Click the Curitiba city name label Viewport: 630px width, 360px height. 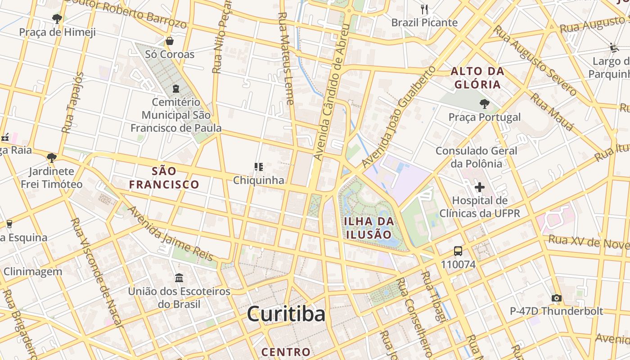[x=286, y=314]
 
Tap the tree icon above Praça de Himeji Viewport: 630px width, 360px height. [x=57, y=19]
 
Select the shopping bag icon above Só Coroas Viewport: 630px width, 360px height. [x=170, y=41]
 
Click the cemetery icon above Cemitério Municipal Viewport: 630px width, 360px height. [x=175, y=89]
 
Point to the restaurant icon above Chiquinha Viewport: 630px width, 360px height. [x=258, y=167]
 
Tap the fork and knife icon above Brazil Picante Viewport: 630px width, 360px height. [x=424, y=9]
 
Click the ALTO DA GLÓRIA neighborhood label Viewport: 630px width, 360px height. [x=477, y=78]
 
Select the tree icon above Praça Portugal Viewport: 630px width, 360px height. [x=484, y=104]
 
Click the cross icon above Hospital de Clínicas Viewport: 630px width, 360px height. [x=479, y=187]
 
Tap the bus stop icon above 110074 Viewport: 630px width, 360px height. [x=458, y=251]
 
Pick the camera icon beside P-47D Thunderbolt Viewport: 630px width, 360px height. [x=556, y=298]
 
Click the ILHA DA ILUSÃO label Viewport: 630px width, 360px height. [x=369, y=228]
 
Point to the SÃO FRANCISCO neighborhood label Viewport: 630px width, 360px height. [x=164, y=178]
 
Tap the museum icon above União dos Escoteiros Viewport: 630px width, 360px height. [x=179, y=278]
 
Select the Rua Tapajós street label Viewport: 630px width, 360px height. [x=73, y=103]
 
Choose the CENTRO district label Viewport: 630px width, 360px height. [x=286, y=352]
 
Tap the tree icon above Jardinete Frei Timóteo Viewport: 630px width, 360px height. [x=51, y=157]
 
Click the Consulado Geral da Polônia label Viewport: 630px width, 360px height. [x=476, y=157]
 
